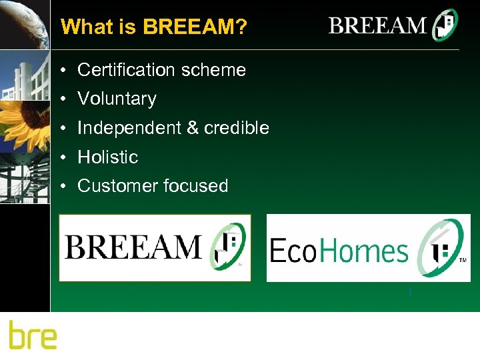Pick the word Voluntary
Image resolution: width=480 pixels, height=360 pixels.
point(117,99)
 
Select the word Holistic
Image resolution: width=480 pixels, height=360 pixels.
point(107,157)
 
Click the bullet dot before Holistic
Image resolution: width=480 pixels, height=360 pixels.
point(61,158)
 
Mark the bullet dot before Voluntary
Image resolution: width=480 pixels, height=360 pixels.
point(61,99)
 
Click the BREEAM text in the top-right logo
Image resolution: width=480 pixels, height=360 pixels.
point(377,26)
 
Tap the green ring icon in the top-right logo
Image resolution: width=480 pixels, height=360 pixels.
point(445,26)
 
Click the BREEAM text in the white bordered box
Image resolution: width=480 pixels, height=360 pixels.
point(133,247)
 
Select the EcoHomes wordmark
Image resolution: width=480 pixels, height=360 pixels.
point(338,251)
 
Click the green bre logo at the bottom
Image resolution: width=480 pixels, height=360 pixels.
point(33,335)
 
